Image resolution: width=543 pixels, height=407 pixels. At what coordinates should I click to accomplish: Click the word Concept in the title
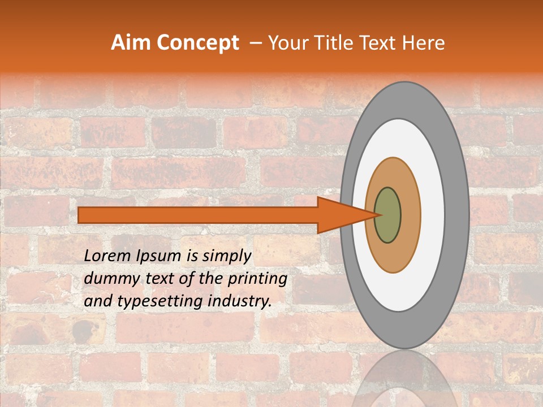click(197, 43)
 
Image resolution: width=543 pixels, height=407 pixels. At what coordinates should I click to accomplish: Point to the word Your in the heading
click(286, 43)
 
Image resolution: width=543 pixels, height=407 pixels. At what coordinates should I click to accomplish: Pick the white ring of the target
click(432, 215)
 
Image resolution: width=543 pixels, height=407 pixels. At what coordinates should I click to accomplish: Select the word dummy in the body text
click(108, 279)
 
